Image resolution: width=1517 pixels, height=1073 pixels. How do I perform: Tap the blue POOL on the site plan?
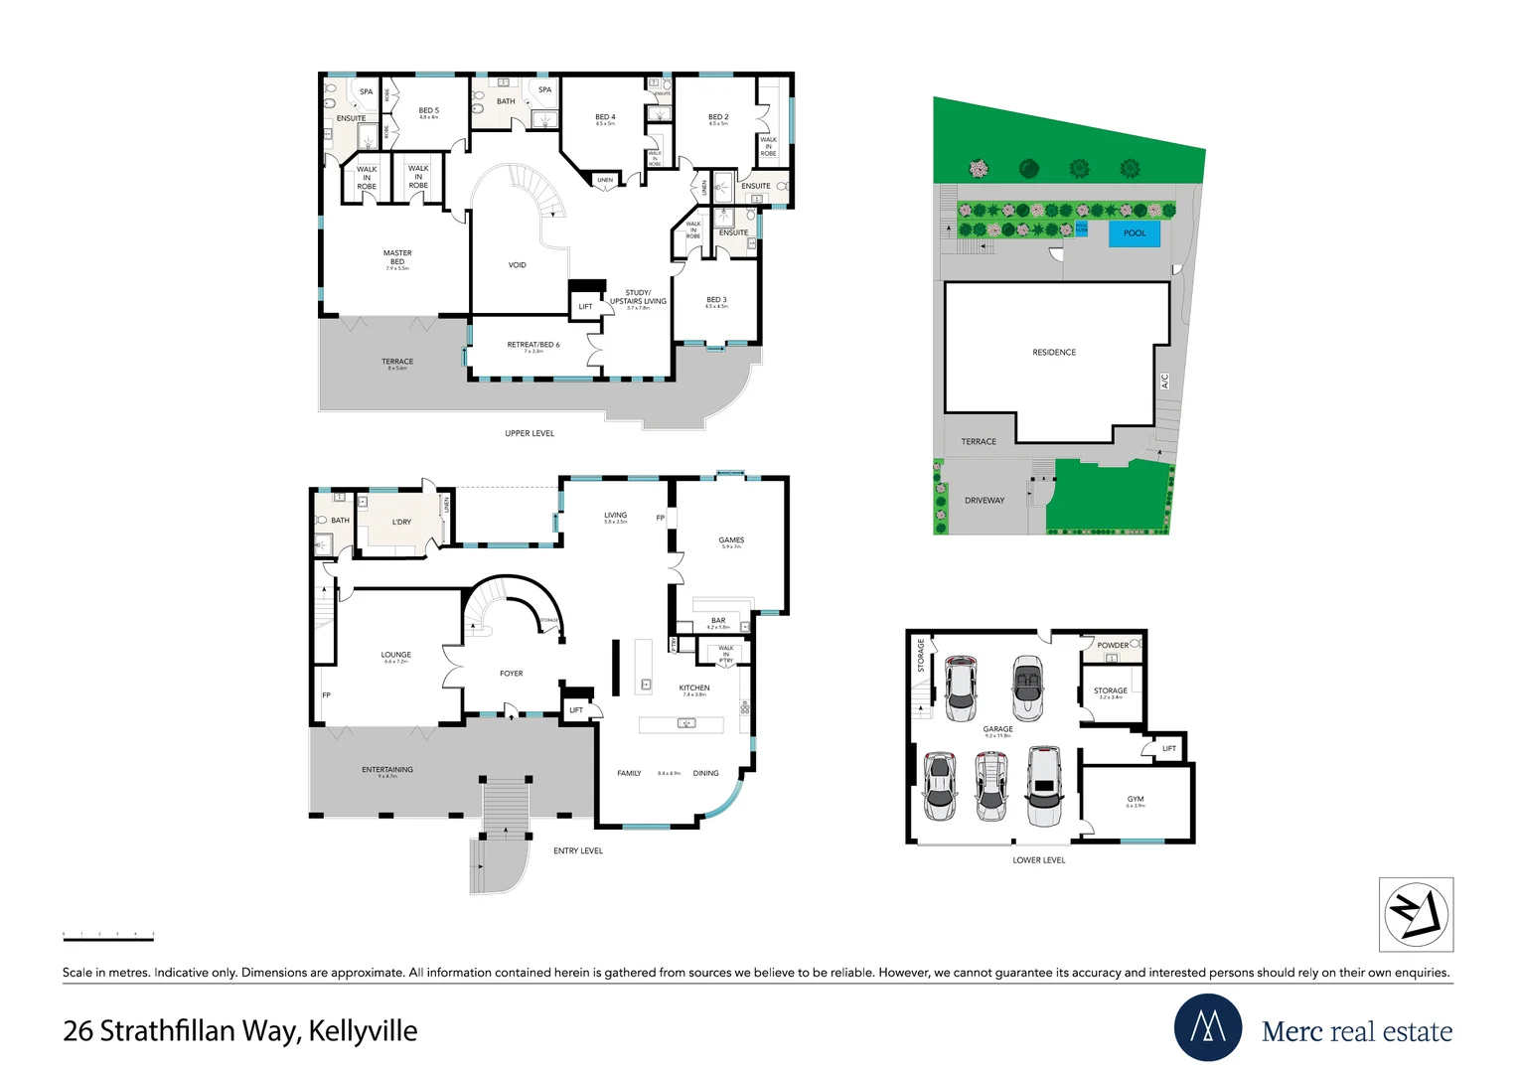1134,233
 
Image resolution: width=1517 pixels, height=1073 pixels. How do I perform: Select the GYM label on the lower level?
1136,799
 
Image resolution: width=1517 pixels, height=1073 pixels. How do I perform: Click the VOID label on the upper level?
518,265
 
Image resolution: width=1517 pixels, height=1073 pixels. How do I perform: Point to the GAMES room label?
731,540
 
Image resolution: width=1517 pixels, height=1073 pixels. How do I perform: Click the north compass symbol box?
1416,915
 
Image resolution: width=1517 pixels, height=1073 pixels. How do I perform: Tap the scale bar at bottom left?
108,936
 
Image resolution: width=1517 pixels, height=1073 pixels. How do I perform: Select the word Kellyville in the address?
363,1031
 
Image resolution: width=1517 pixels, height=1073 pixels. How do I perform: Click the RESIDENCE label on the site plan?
1054,353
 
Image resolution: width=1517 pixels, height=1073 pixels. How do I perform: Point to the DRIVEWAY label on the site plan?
985,501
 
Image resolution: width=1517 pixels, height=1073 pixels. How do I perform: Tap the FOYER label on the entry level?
512,674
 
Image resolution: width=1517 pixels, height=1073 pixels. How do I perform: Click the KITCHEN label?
694,688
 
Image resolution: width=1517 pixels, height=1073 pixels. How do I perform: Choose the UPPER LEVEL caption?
530,433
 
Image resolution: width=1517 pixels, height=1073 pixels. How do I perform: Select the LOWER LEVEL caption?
1039,860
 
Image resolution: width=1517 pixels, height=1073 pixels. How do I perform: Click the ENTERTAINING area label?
387,770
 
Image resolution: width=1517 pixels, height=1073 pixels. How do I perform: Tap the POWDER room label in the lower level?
1113,646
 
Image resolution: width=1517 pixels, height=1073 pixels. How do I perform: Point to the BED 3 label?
716,299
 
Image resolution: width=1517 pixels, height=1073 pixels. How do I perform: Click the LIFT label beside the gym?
1169,749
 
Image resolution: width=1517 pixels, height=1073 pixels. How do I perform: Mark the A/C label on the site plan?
1164,381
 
